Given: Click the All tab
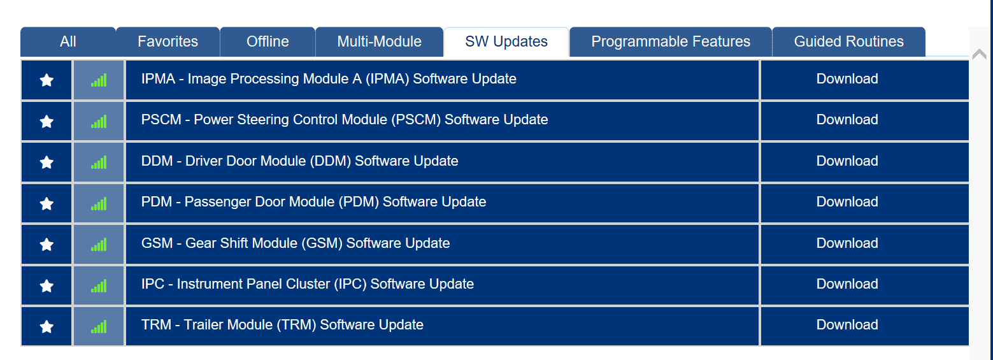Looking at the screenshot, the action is point(68,41).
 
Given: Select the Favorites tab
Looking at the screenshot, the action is point(168,41).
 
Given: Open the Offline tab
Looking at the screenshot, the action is point(268,41).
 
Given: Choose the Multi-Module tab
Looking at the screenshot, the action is point(379,41).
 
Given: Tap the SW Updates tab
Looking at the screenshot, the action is point(506,41).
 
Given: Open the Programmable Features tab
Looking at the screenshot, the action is point(671,41).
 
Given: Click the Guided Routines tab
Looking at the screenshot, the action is point(848,41).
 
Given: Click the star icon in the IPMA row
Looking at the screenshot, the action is point(46,80).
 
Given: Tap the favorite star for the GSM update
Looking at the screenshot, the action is point(46,244).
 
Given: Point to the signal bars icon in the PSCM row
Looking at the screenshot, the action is point(99,122).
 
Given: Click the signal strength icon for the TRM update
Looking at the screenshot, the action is point(99,327).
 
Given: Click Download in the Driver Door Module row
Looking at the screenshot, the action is point(847,161).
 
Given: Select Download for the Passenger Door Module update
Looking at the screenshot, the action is point(847,202).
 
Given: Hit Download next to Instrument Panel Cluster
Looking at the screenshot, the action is point(847,284).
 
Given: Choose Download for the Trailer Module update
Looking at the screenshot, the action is point(847,324).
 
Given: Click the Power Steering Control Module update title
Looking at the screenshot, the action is point(345,120).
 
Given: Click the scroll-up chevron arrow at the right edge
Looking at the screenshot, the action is point(979,55).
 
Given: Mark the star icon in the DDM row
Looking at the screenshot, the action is point(46,162).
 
